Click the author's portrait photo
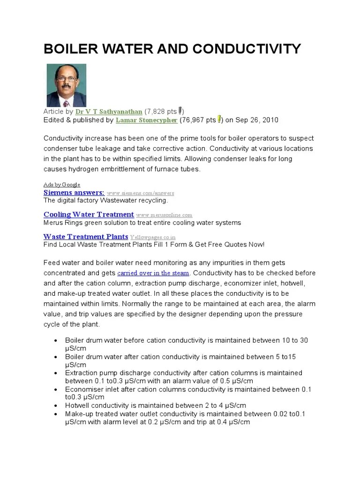point(66,85)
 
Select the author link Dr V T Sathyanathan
point(109,112)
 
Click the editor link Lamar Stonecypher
point(146,120)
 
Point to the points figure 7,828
point(155,112)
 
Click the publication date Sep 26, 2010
point(257,120)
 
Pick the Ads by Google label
point(62,185)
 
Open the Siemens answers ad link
point(74,193)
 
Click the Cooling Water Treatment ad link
point(89,215)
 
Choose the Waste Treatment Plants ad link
point(86,237)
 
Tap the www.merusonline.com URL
point(164,215)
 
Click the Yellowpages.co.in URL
point(153,237)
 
